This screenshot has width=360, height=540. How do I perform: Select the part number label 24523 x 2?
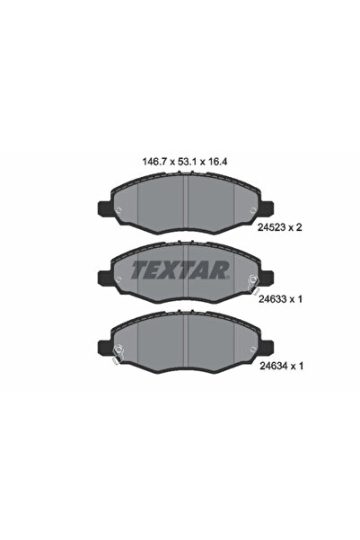pyautogui.click(x=284, y=228)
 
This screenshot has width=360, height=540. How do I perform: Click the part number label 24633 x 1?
pyautogui.click(x=284, y=302)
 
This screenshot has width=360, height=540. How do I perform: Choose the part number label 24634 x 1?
pyautogui.click(x=284, y=367)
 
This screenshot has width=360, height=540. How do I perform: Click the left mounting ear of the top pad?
pyautogui.click(x=103, y=205)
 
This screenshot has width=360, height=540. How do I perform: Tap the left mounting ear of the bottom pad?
pyautogui.click(x=103, y=342)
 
